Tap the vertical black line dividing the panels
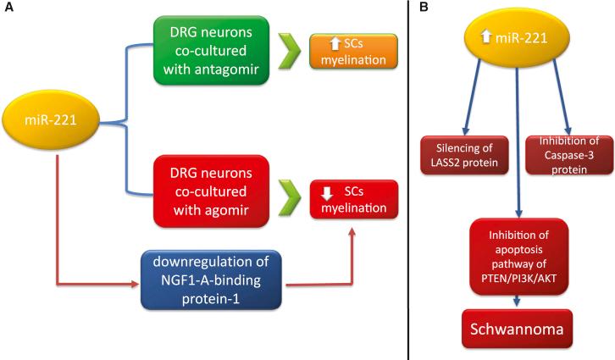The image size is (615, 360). click(409, 180)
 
